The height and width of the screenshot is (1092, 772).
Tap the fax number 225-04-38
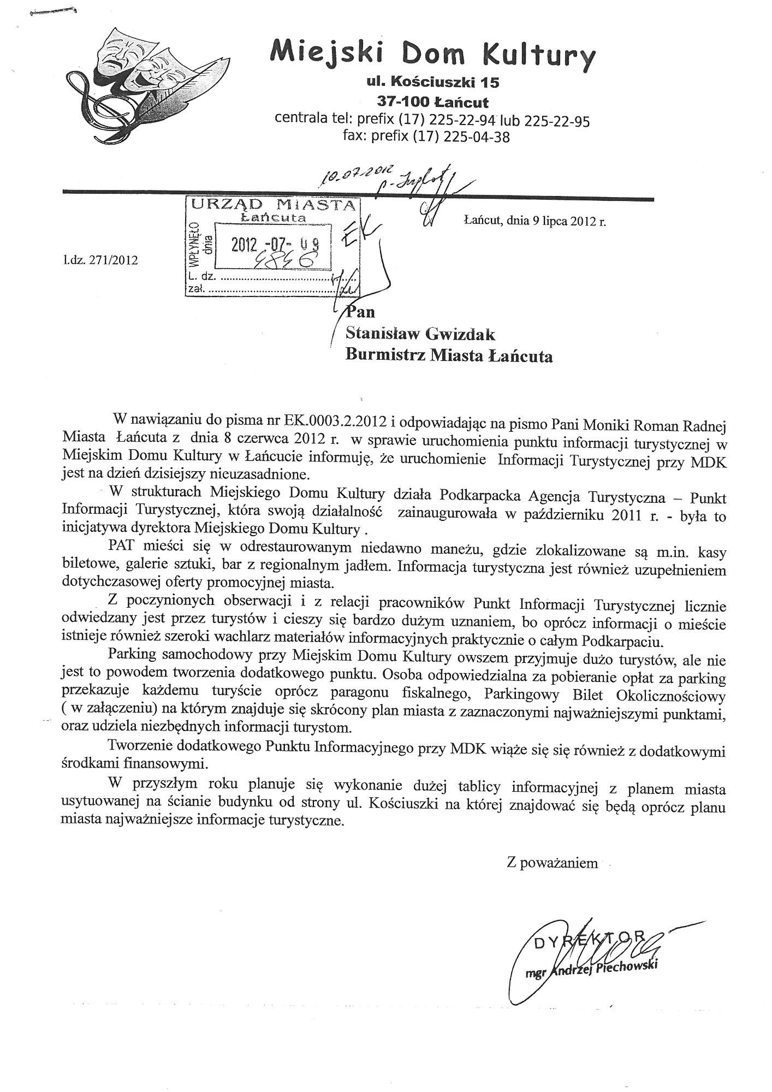pyautogui.click(x=477, y=137)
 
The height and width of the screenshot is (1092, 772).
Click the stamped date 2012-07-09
pyautogui.click(x=273, y=245)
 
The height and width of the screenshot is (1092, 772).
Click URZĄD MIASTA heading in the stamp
pyautogui.click(x=272, y=205)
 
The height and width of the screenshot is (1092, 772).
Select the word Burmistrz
pyautogui.click(x=386, y=356)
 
